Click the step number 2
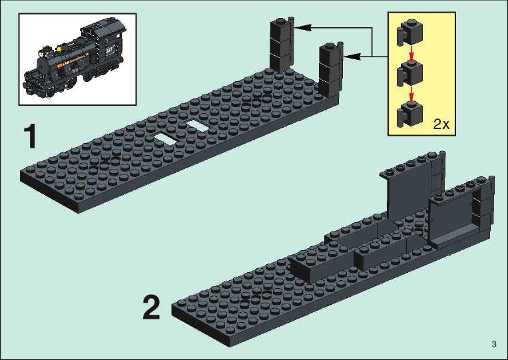151,308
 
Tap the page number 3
494,344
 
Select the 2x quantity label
441,124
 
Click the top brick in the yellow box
409,33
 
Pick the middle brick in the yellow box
409,73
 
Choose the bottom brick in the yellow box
409,114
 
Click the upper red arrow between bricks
411,53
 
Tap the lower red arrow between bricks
411,94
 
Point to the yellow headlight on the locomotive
59,49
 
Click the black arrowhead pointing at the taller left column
302,27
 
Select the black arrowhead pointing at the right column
352,57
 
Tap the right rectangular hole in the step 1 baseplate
198,125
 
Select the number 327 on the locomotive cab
109,50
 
